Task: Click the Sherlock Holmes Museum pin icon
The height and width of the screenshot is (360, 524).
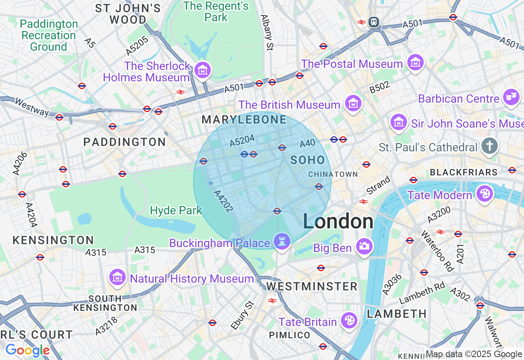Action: click(202, 70)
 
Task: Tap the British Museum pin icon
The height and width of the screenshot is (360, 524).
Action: click(353, 103)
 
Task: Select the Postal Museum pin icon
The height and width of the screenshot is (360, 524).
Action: click(416, 63)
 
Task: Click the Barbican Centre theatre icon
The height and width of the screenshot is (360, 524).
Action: click(511, 97)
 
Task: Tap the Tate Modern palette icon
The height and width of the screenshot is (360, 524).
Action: click(485, 194)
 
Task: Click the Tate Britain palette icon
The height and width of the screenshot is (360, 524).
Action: click(349, 320)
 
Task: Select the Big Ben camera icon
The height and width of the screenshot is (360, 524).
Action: click(364, 246)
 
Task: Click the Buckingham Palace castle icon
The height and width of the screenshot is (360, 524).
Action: click(282, 241)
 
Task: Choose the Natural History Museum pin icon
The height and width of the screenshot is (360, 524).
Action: click(117, 277)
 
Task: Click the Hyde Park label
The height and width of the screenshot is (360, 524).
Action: click(176, 211)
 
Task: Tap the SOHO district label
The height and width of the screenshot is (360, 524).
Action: click(308, 160)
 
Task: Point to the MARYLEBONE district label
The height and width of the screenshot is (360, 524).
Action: click(244, 120)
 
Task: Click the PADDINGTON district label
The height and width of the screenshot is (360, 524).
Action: click(124, 142)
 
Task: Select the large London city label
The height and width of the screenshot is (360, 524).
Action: click(338, 222)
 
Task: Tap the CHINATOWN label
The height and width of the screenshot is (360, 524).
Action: click(333, 174)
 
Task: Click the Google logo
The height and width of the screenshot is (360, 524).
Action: click(27, 350)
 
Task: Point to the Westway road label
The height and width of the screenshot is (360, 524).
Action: click(32, 106)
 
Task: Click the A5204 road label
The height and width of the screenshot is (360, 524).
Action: click(242, 141)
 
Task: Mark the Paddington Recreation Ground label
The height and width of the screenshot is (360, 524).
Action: click(49, 36)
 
